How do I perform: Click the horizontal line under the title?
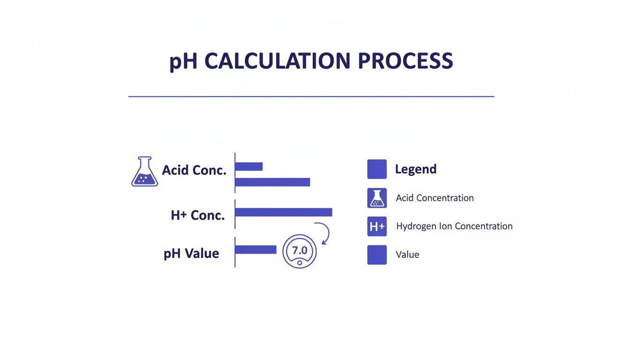click(311, 97)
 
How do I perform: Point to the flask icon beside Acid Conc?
click(144, 172)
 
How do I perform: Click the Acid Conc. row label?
click(194, 170)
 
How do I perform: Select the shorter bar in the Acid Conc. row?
click(249, 166)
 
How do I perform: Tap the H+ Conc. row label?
click(198, 215)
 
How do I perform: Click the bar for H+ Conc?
click(284, 212)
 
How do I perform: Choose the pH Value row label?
click(191, 254)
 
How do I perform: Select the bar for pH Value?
click(256, 250)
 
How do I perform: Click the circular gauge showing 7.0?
click(300, 251)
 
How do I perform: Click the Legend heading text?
click(416, 169)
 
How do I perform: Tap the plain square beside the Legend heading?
click(377, 169)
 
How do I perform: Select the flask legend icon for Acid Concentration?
click(377, 198)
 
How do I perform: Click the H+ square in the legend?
click(377, 226)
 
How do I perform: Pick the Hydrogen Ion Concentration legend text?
click(454, 226)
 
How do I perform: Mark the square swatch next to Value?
click(377, 255)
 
